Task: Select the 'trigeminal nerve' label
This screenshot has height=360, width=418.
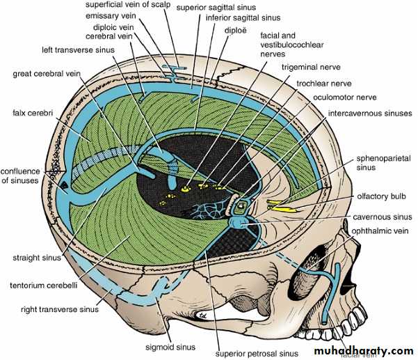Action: [x=311, y=68]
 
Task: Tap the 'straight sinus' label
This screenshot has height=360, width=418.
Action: [x=35, y=257]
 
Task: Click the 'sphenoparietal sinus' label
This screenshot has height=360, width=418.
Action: [x=381, y=163]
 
